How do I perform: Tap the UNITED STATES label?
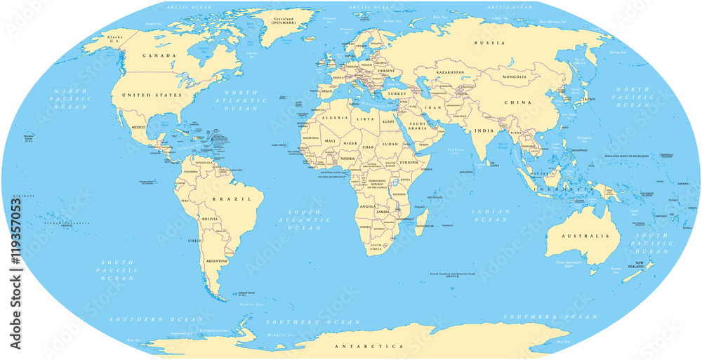tap(152, 95)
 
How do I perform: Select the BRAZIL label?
tap(237, 199)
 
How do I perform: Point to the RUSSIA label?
tap(489, 44)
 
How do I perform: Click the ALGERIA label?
tap(331, 119)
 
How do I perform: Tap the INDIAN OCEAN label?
tap(491, 215)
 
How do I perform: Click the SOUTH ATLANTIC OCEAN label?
tap(308, 219)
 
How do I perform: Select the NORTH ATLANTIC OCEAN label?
tap(241, 101)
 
